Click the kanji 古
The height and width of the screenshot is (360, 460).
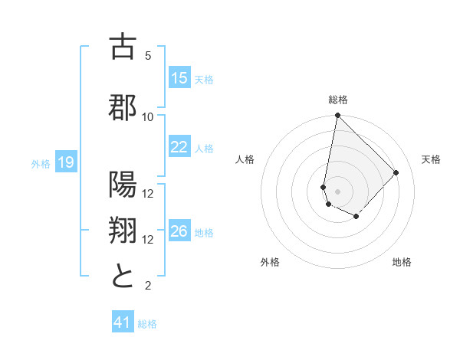[x=123, y=47]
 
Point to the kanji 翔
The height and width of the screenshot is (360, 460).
[x=123, y=231]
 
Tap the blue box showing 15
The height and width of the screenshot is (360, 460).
[x=179, y=78]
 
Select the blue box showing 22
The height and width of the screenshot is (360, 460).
[x=179, y=147]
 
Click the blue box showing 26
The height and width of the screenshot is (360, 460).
[x=179, y=231]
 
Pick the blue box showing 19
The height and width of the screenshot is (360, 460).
[x=65, y=162]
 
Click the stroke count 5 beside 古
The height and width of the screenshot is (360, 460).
[x=148, y=55]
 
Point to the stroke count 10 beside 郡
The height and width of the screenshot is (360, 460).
[x=148, y=116]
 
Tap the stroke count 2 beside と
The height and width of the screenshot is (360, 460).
[x=148, y=286]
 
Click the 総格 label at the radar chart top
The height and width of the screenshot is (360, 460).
[x=338, y=100]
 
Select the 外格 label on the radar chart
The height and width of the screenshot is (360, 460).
[x=270, y=262]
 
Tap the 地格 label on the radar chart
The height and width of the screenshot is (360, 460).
[x=402, y=262]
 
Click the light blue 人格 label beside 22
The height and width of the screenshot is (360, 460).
[x=204, y=148]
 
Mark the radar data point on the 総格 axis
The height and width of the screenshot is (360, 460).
[x=337, y=116]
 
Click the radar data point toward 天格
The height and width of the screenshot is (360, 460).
[x=396, y=172]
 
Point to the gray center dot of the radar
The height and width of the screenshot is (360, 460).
[x=337, y=191]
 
